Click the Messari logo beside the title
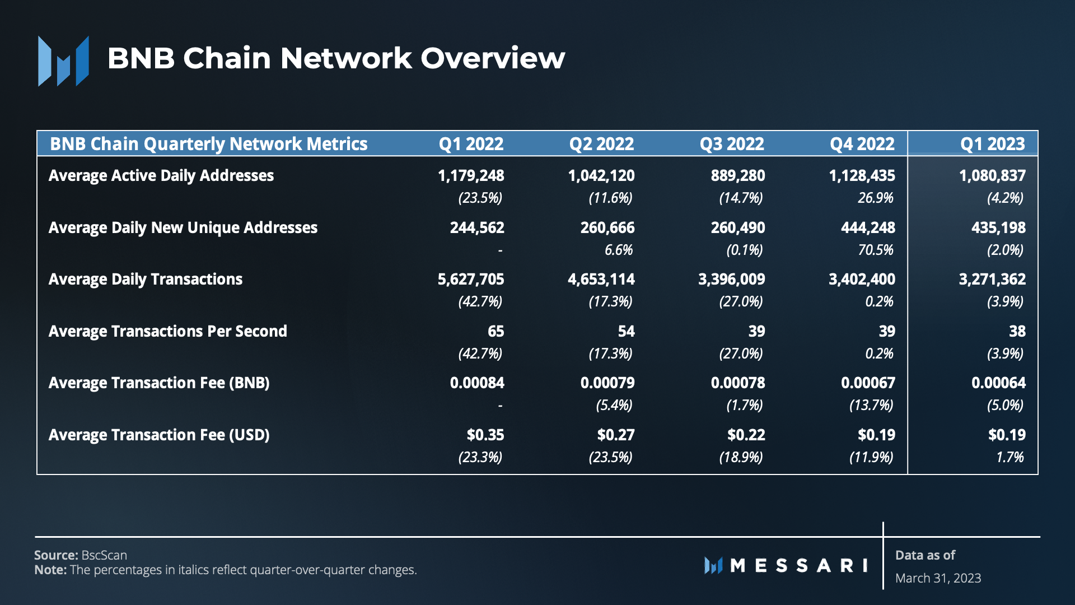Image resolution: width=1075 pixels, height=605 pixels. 63,61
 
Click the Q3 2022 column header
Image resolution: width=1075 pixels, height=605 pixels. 731,144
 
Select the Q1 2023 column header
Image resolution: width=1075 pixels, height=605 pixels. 992,144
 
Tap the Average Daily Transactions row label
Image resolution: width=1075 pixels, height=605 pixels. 146,279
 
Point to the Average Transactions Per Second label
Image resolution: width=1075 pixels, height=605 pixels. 167,331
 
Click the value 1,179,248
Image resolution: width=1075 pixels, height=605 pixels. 471,175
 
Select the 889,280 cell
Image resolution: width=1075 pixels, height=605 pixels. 737,175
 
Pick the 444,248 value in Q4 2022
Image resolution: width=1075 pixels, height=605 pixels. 868,227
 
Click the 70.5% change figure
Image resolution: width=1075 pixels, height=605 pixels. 876,250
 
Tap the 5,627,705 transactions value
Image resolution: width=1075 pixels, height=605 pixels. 471,279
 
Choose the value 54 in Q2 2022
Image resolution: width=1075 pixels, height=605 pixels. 626,331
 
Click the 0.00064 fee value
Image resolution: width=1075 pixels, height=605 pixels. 998,383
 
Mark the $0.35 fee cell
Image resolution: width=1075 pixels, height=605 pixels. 485,435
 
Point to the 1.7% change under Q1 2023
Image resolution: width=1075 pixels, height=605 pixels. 1009,457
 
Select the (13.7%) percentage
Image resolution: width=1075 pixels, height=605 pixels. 871,405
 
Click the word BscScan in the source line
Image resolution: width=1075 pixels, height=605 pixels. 104,555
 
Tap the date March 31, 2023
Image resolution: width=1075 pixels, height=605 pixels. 938,578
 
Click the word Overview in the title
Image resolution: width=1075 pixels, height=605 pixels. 493,58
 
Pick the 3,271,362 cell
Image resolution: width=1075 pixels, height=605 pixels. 992,279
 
